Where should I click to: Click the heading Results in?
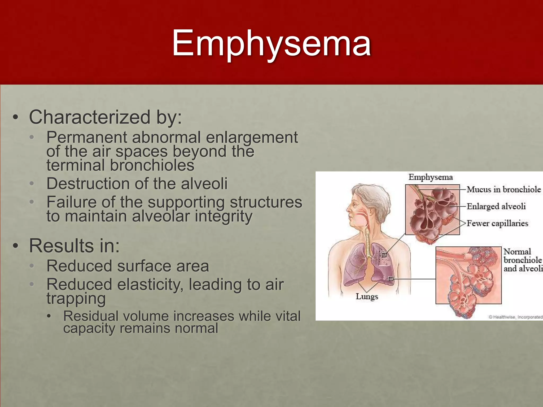[x=74, y=246]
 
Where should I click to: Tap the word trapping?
[x=76, y=298]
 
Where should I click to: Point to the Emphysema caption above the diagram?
[x=430, y=177]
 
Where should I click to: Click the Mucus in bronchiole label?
[x=503, y=189]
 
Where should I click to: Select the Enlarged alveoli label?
[x=496, y=206]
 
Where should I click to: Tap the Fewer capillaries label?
[x=497, y=223]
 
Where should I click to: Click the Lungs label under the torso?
[x=367, y=296]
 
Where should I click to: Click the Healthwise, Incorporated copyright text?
[x=515, y=317]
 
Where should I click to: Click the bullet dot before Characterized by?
[x=16, y=117]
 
